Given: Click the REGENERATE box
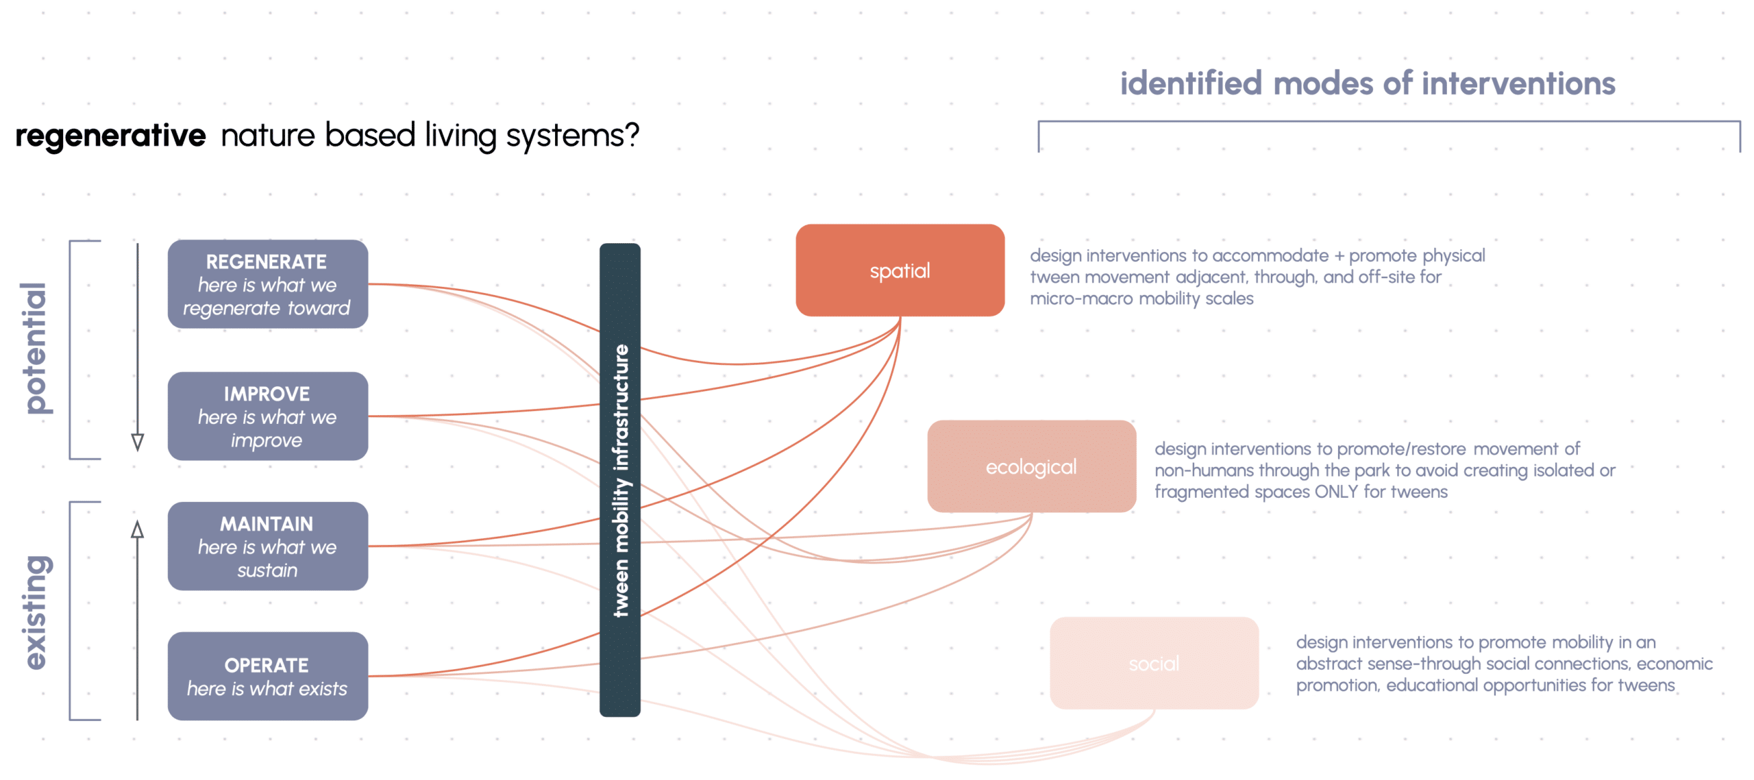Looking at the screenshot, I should click(x=267, y=284).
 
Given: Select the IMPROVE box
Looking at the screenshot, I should click(x=267, y=416).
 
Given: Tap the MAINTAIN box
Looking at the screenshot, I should click(x=267, y=546).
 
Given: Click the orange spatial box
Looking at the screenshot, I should click(x=900, y=271).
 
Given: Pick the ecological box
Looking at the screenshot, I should click(x=1031, y=466).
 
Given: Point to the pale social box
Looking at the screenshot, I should click(x=1154, y=663).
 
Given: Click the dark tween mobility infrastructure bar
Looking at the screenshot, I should click(x=620, y=479).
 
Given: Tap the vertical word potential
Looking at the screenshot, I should click(x=34, y=348).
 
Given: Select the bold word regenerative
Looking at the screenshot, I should click(x=110, y=135).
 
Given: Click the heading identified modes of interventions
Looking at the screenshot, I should click(x=1368, y=84).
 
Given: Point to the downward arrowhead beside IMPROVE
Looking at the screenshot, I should click(x=138, y=442).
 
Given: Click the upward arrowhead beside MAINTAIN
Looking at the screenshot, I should click(x=138, y=529).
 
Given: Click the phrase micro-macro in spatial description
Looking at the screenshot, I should click(x=1081, y=299).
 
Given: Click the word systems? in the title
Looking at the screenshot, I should click(x=572, y=135).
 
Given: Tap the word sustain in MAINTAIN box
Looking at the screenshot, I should click(x=267, y=570).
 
